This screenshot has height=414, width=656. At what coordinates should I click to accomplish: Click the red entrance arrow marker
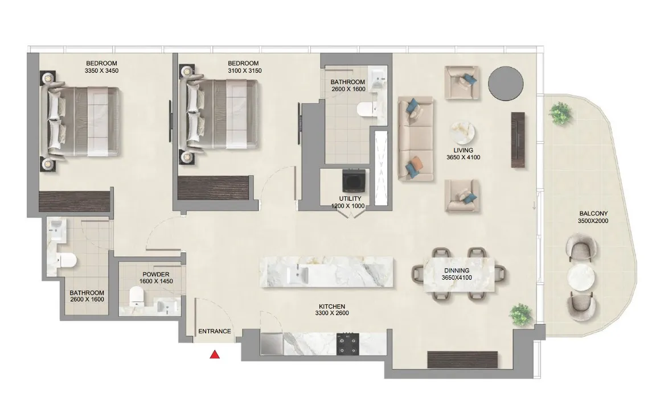pos(215,355)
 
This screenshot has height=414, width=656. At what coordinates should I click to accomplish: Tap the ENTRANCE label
pos(215,332)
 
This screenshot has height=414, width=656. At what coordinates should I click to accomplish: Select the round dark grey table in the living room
pos(506,82)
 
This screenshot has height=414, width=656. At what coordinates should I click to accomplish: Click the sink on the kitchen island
pos(297,274)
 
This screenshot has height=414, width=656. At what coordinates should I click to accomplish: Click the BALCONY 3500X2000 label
pos(593,217)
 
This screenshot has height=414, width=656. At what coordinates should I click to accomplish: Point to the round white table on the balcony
pos(581,278)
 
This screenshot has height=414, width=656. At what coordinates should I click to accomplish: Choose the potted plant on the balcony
pos(560,112)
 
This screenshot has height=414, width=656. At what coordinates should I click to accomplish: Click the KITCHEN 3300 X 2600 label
pos(331,310)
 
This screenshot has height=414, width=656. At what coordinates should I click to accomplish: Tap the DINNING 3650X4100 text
pos(457,274)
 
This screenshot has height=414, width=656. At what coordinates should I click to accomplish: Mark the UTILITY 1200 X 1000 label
pos(350,202)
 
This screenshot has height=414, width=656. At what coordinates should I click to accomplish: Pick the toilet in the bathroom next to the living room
pos(364,110)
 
